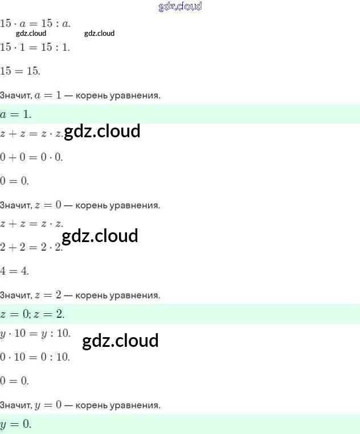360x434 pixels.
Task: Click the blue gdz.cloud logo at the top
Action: pyautogui.click(x=179, y=7)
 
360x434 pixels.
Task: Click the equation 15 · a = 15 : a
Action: pyautogui.click(x=35, y=23)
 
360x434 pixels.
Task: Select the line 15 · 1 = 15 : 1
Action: pyautogui.click(x=35, y=47)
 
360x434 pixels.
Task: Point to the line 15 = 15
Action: pyautogui.click(x=20, y=71)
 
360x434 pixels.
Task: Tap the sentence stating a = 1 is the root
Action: pyautogui.click(x=80, y=95)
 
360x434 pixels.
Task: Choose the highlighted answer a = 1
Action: pyautogui.click(x=16, y=114)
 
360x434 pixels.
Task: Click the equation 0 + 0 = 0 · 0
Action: pyautogui.click(x=31, y=157)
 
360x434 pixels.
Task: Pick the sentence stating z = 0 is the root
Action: pyautogui.click(x=80, y=204)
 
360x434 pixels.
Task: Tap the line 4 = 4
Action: pyautogui.click(x=15, y=271)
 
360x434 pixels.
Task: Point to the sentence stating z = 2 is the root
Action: pyautogui.click(x=80, y=295)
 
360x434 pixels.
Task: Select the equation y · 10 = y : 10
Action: pyautogui.click(x=35, y=333)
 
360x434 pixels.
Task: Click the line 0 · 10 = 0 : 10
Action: pyautogui.click(x=35, y=357)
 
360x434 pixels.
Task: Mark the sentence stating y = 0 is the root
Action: pyautogui.click(x=80, y=405)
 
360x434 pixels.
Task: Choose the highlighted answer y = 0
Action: pyautogui.click(x=16, y=424)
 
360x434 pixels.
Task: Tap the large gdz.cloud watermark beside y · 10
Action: pyautogui.click(x=120, y=341)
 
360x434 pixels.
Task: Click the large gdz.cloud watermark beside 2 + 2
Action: pyautogui.click(x=100, y=236)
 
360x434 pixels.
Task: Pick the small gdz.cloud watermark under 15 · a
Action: pyautogui.click(x=31, y=33)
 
